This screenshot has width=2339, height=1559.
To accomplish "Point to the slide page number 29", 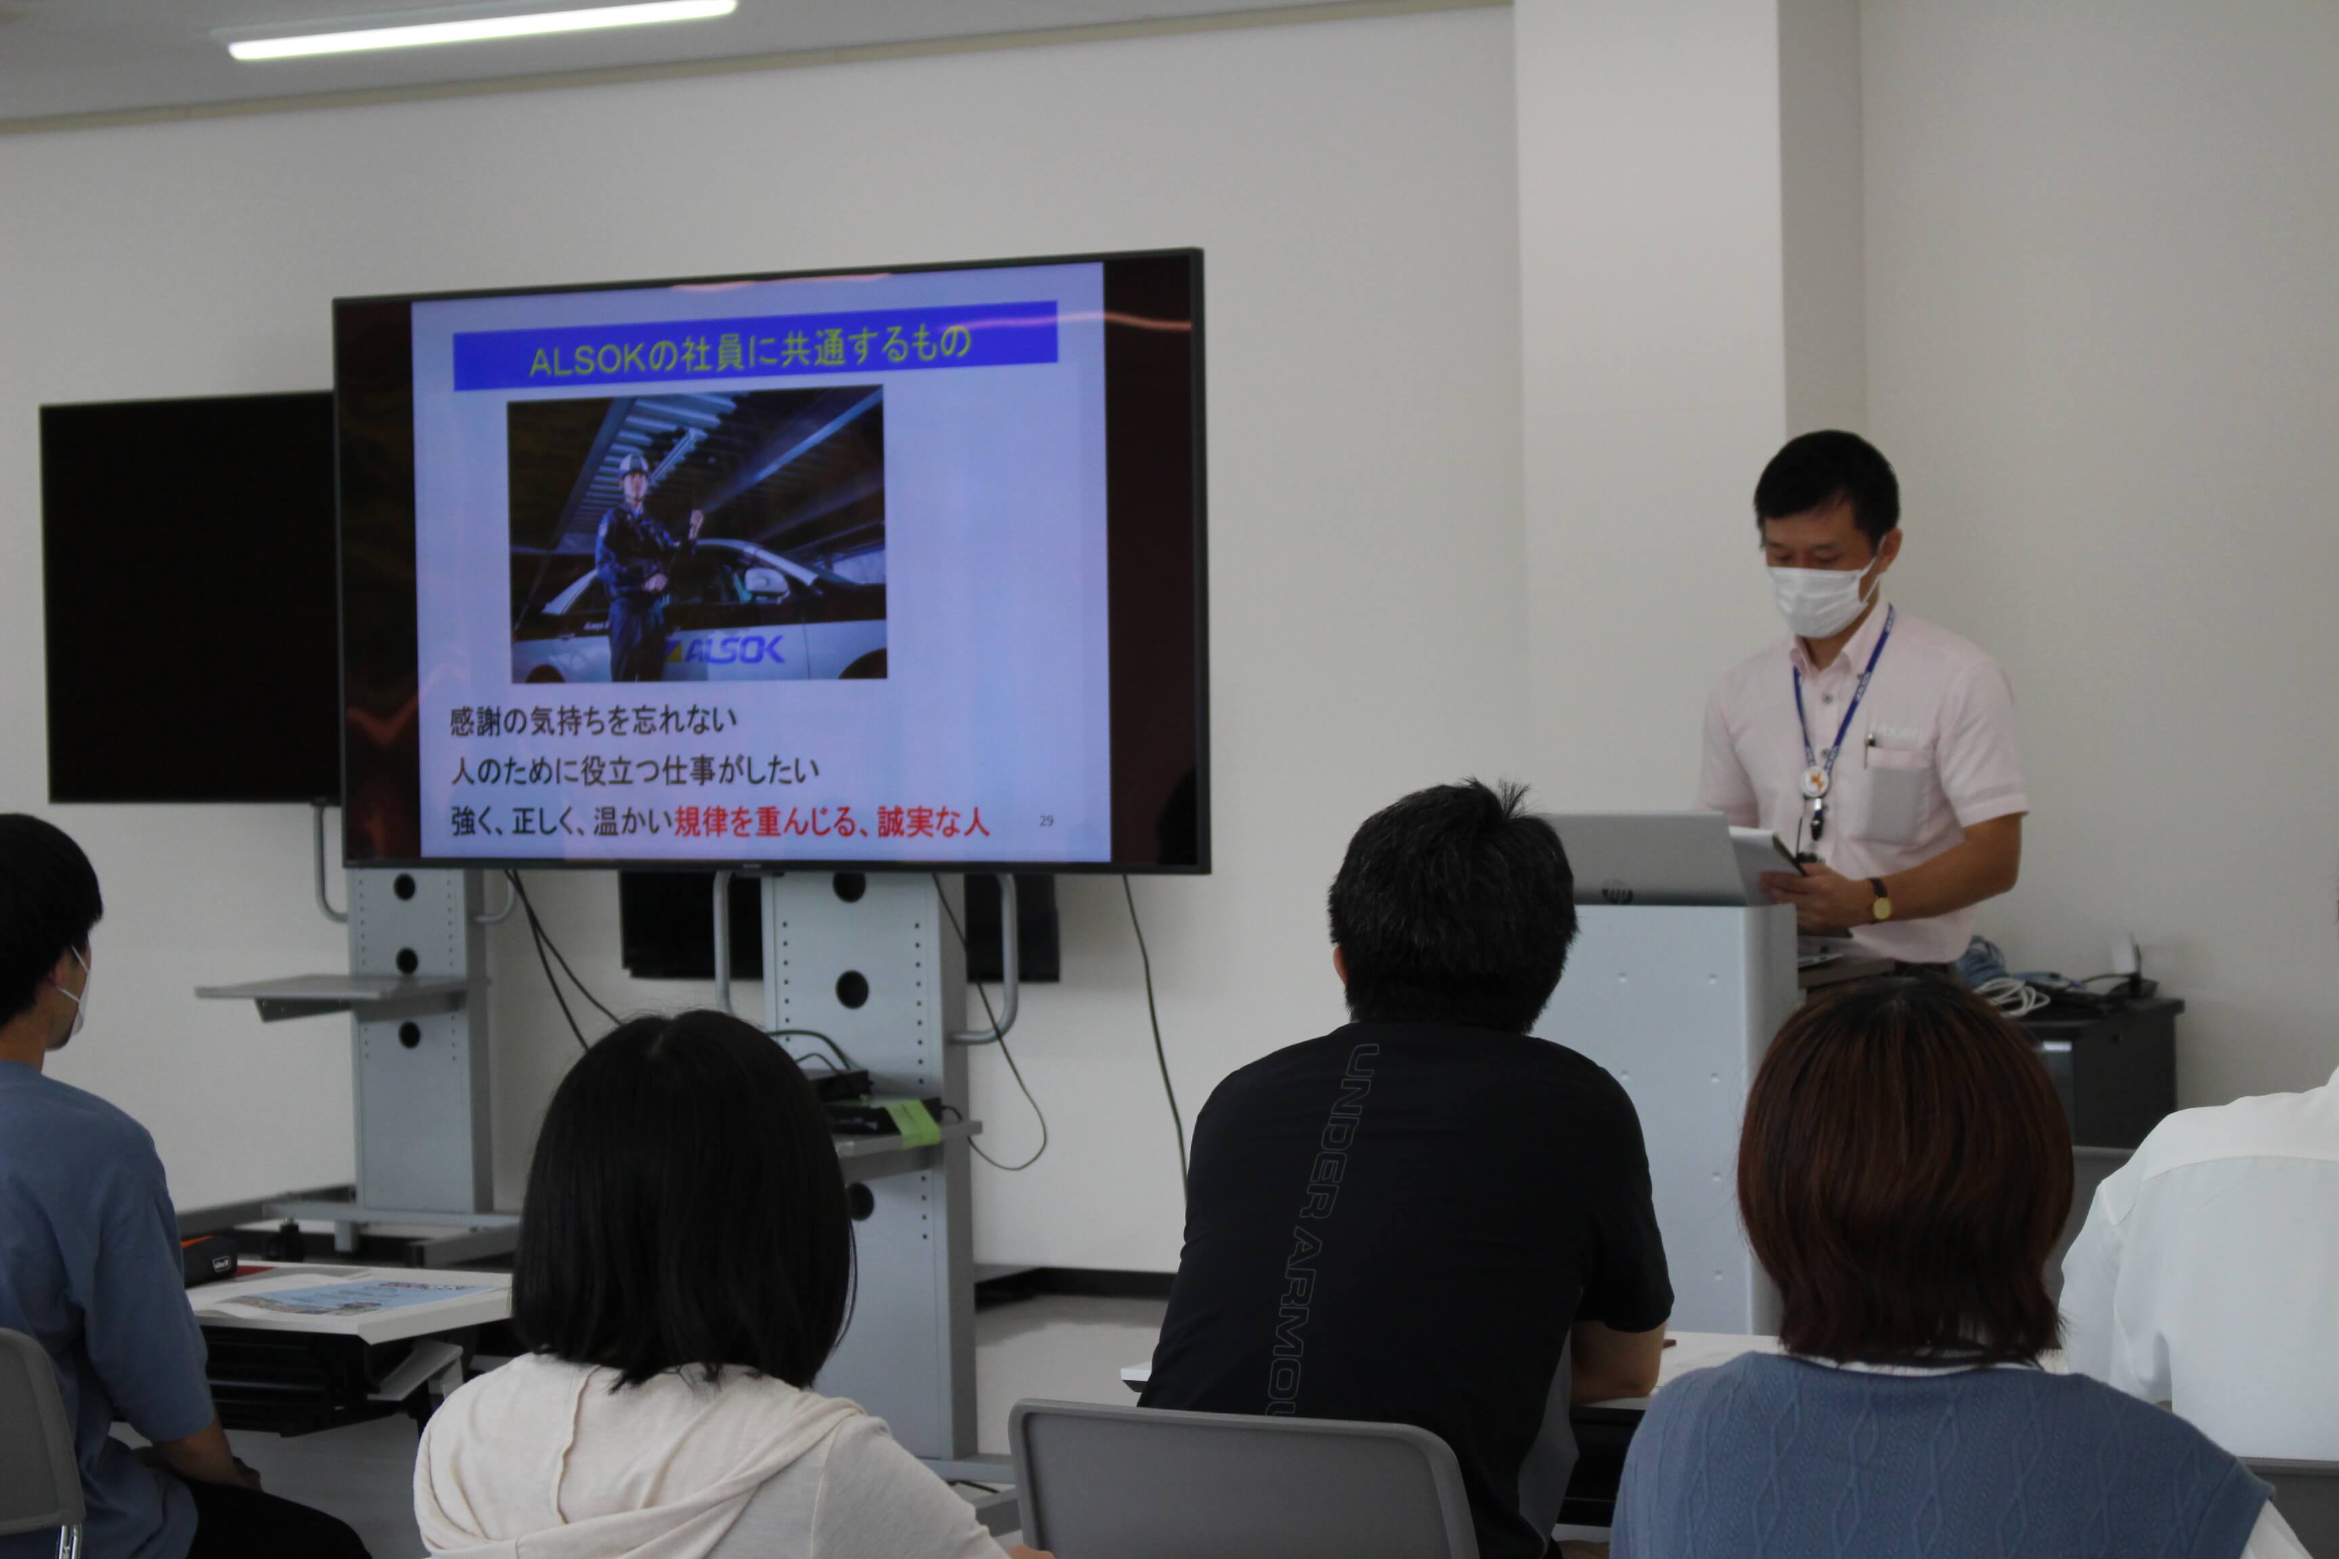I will tap(1045, 820).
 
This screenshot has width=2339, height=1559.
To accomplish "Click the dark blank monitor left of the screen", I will tap(189, 597).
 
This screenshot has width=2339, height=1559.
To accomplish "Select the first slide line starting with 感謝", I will tap(594, 720).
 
